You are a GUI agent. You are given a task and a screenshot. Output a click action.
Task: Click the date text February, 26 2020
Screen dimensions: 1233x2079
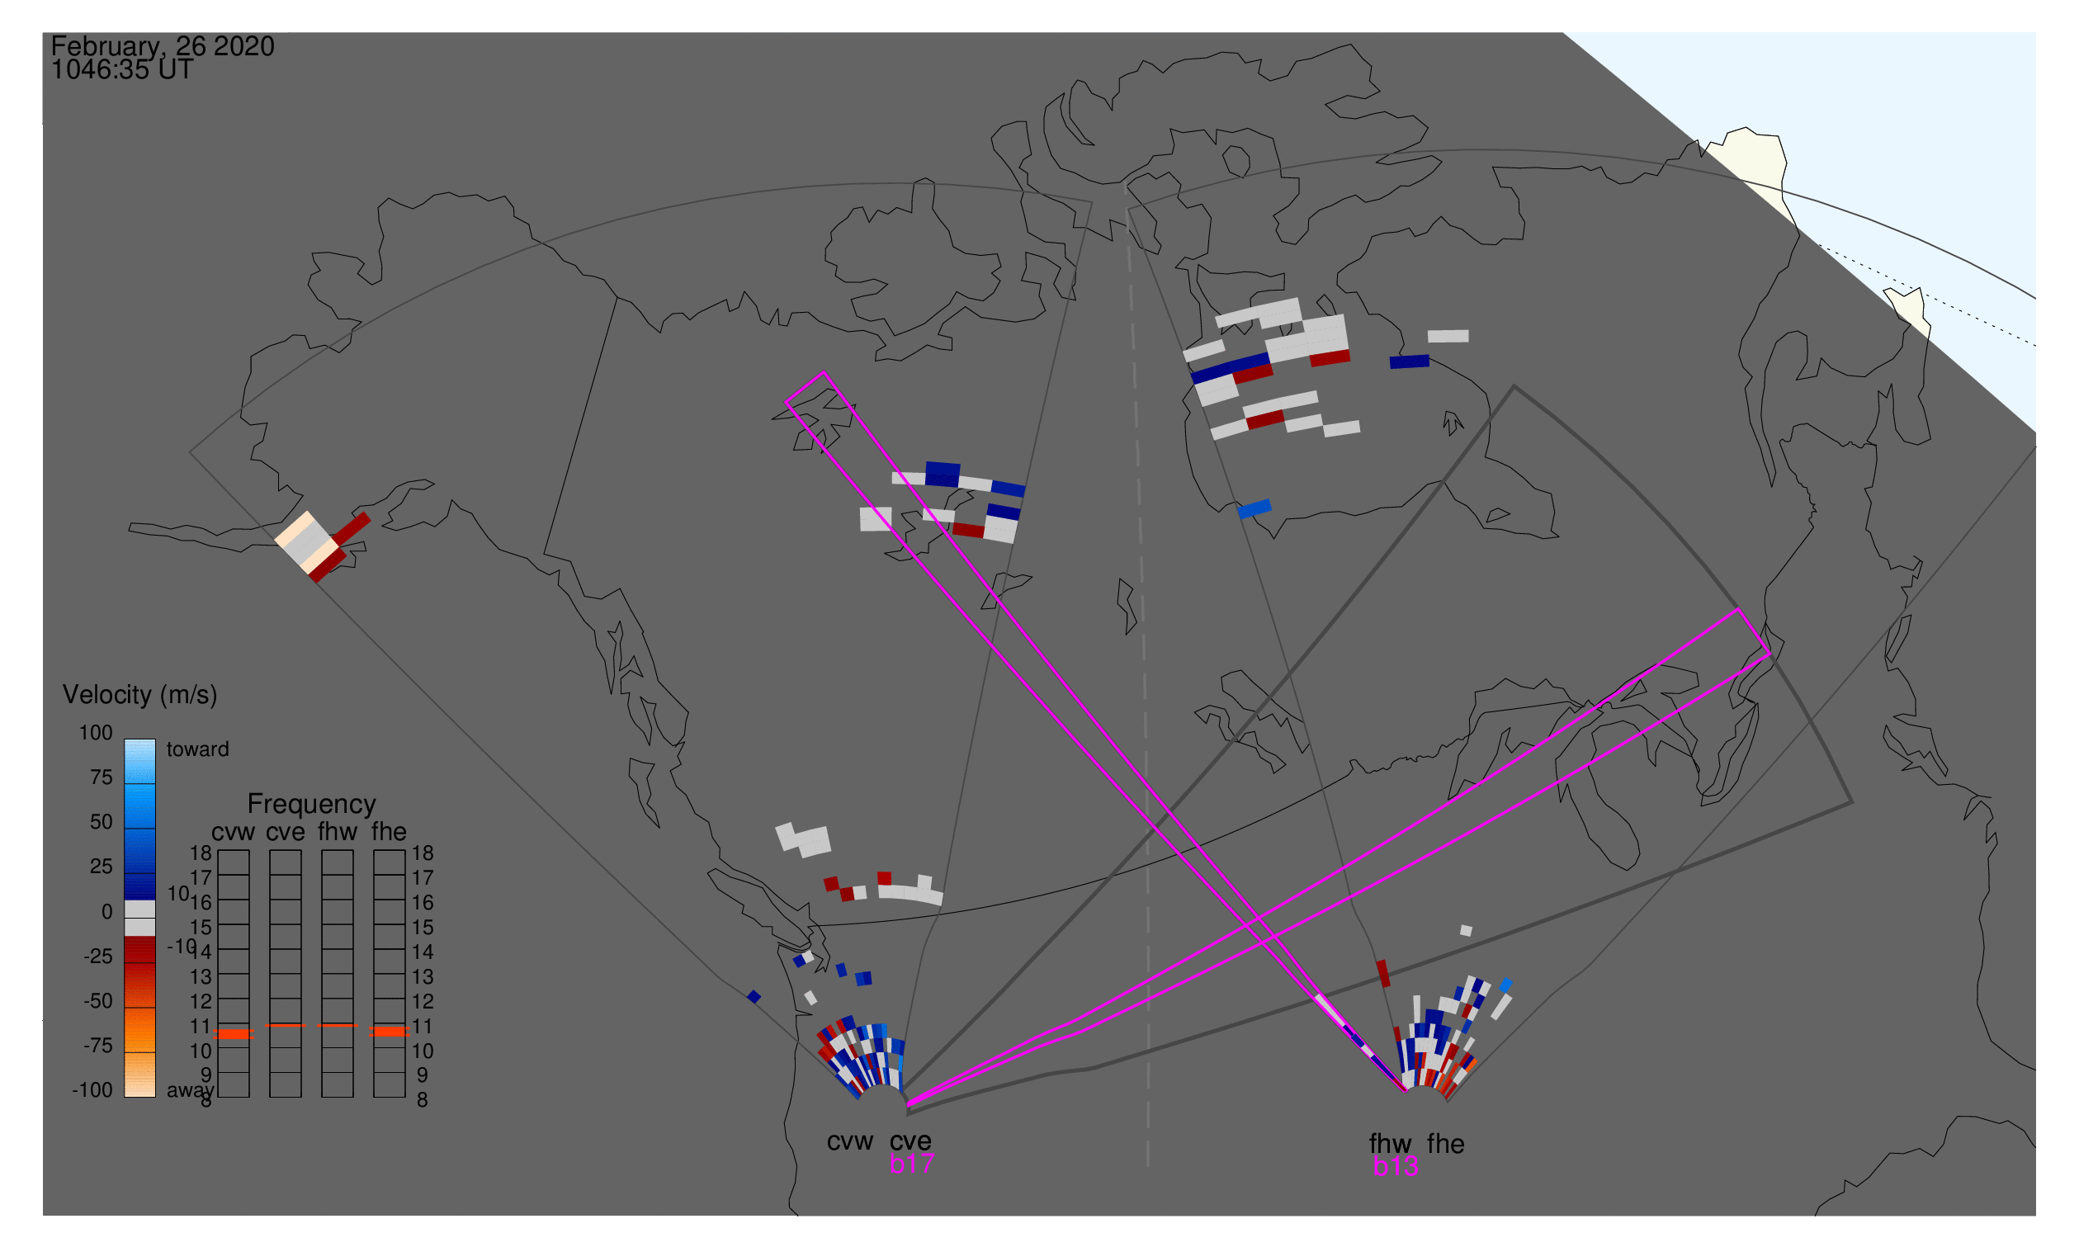tap(162, 46)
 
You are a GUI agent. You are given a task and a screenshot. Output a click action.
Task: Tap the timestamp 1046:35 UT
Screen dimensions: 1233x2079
tap(122, 70)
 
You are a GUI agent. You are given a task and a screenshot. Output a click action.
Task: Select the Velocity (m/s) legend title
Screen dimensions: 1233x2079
tap(139, 695)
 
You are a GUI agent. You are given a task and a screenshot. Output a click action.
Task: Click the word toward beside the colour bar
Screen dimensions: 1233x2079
tap(197, 749)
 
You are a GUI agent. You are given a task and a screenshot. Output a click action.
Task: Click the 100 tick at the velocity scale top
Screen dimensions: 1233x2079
tap(96, 733)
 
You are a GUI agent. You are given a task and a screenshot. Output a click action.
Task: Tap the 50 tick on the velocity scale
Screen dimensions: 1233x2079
tap(101, 822)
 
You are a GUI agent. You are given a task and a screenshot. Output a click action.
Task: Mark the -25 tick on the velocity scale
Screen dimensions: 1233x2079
tap(97, 957)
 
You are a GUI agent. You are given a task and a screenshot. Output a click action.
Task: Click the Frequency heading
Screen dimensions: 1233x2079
tap(312, 805)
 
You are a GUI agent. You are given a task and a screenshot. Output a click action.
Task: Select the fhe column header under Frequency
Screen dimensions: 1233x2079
tap(389, 832)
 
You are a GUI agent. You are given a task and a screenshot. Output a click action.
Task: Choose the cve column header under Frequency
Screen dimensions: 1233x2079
tap(285, 832)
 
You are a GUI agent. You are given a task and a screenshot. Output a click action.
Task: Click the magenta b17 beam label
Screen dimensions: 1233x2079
tap(911, 1164)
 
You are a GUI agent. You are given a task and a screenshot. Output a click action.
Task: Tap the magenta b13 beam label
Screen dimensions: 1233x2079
tap(1395, 1166)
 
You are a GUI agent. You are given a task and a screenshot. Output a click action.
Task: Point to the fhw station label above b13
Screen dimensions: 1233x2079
tap(1390, 1144)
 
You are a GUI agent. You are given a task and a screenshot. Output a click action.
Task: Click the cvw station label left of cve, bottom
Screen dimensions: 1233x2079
tap(849, 1141)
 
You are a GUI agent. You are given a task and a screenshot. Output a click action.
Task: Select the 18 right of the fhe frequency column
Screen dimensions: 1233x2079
tap(422, 853)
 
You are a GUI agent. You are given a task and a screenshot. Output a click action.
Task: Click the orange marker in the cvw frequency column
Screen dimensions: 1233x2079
tap(234, 1033)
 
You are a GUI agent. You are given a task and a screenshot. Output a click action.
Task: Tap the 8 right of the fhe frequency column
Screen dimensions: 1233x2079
tap(422, 1100)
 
